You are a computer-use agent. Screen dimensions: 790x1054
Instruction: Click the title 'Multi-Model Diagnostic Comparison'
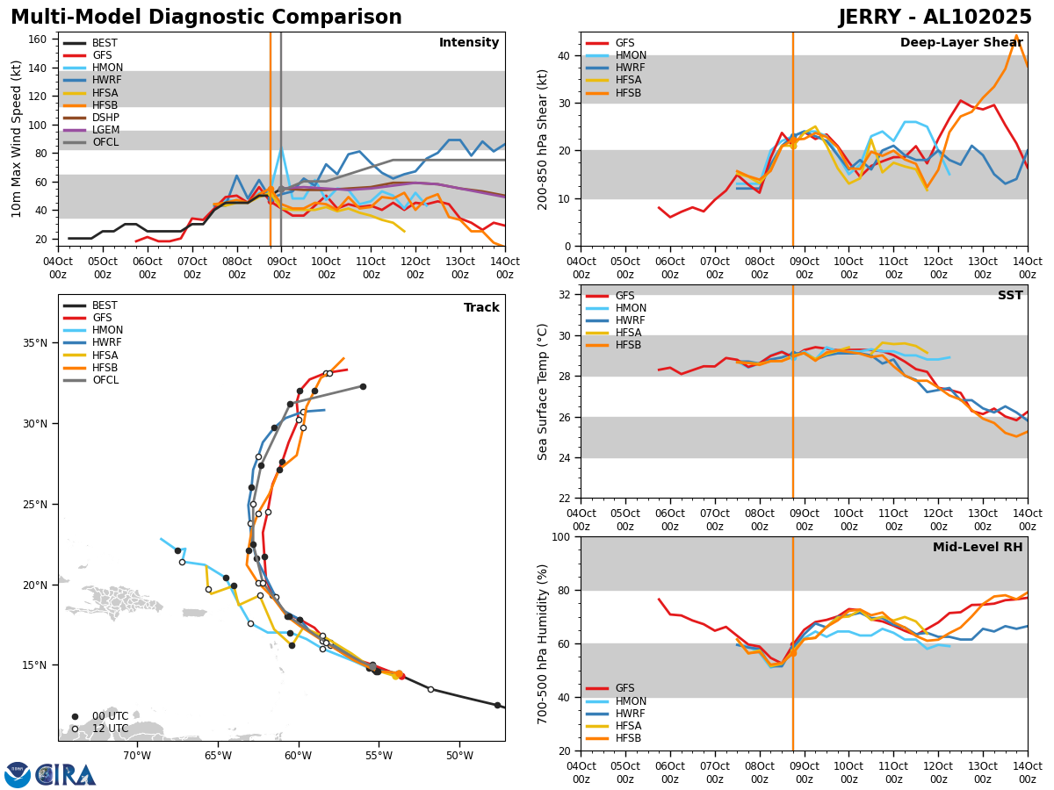point(206,18)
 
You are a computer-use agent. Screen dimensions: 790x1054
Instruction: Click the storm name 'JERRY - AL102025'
point(935,18)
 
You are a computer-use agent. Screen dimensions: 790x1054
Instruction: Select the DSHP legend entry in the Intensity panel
point(105,118)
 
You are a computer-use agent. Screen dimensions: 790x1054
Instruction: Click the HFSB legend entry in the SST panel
point(629,345)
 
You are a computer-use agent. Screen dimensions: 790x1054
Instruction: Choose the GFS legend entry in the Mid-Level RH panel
point(624,689)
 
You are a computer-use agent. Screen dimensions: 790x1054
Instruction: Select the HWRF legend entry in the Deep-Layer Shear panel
point(631,68)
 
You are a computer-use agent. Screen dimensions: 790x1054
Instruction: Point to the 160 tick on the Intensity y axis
point(40,39)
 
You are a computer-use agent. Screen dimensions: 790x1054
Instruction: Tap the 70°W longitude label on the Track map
point(137,756)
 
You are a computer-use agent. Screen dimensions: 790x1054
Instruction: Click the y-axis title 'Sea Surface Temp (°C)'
point(544,391)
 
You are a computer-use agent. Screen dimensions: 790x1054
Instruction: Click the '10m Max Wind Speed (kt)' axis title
point(17,138)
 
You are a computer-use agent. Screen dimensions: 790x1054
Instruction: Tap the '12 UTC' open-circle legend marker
point(75,729)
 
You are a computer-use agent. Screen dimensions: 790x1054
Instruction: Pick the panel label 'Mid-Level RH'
point(977,548)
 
